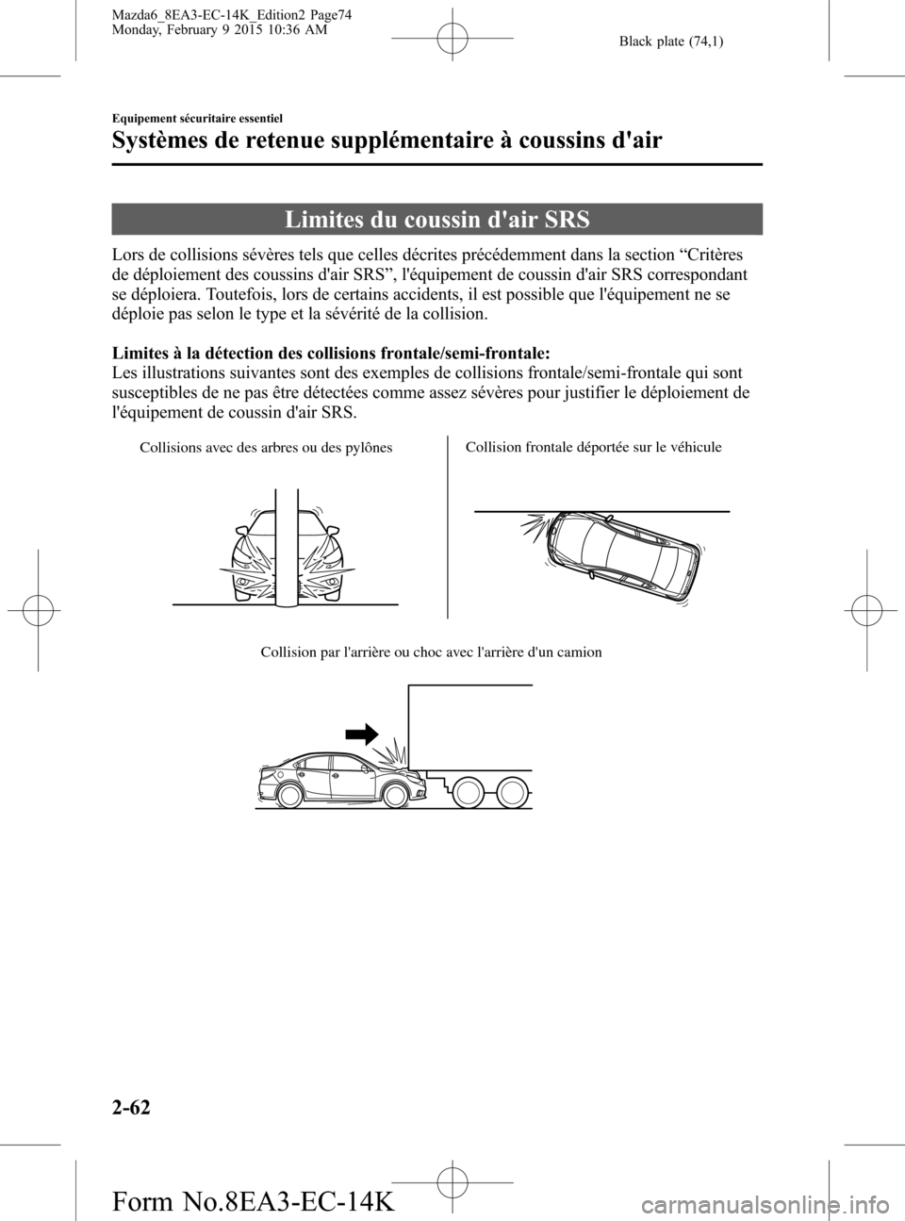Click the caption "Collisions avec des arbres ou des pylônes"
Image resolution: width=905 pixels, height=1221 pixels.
[x=266, y=447]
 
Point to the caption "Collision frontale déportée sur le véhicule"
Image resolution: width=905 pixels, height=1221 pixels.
[x=594, y=447]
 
